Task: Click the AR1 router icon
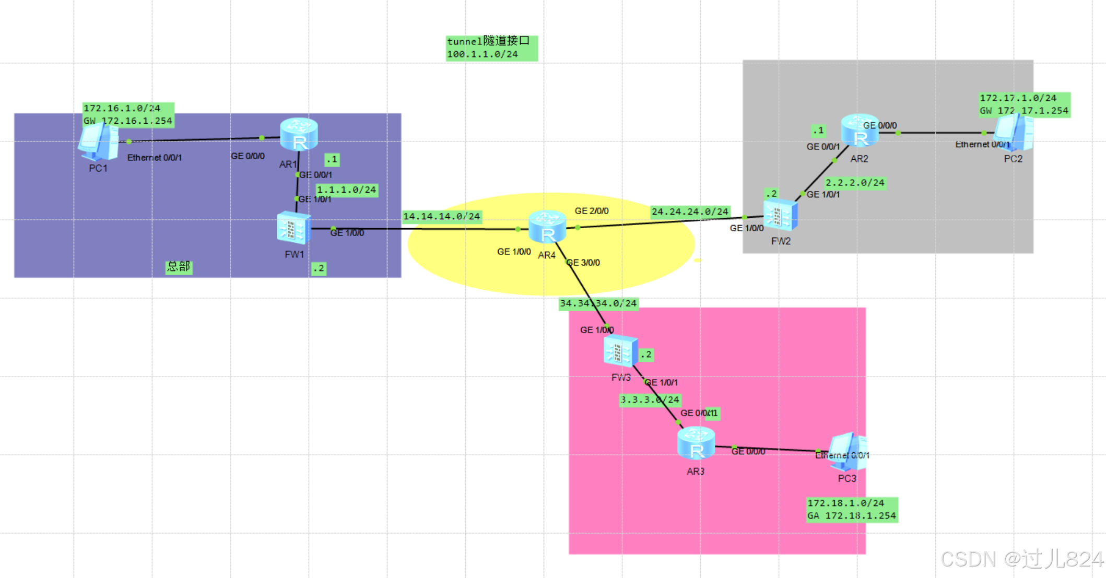299,134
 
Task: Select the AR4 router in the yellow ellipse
547,228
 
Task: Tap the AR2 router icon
860,131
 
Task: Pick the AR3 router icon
696,444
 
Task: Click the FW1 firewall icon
293,228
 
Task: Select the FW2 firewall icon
780,215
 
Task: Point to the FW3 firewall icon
620,351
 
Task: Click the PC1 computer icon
98,142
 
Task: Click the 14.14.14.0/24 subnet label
441,216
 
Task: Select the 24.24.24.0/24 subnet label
689,211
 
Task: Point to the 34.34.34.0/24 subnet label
598,303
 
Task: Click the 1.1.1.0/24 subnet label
346,190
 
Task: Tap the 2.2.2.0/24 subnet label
855,183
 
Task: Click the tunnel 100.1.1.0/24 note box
491,48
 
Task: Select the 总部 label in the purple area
179,267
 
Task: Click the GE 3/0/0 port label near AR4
583,263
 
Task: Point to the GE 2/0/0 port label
592,211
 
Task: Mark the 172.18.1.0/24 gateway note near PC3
852,510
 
